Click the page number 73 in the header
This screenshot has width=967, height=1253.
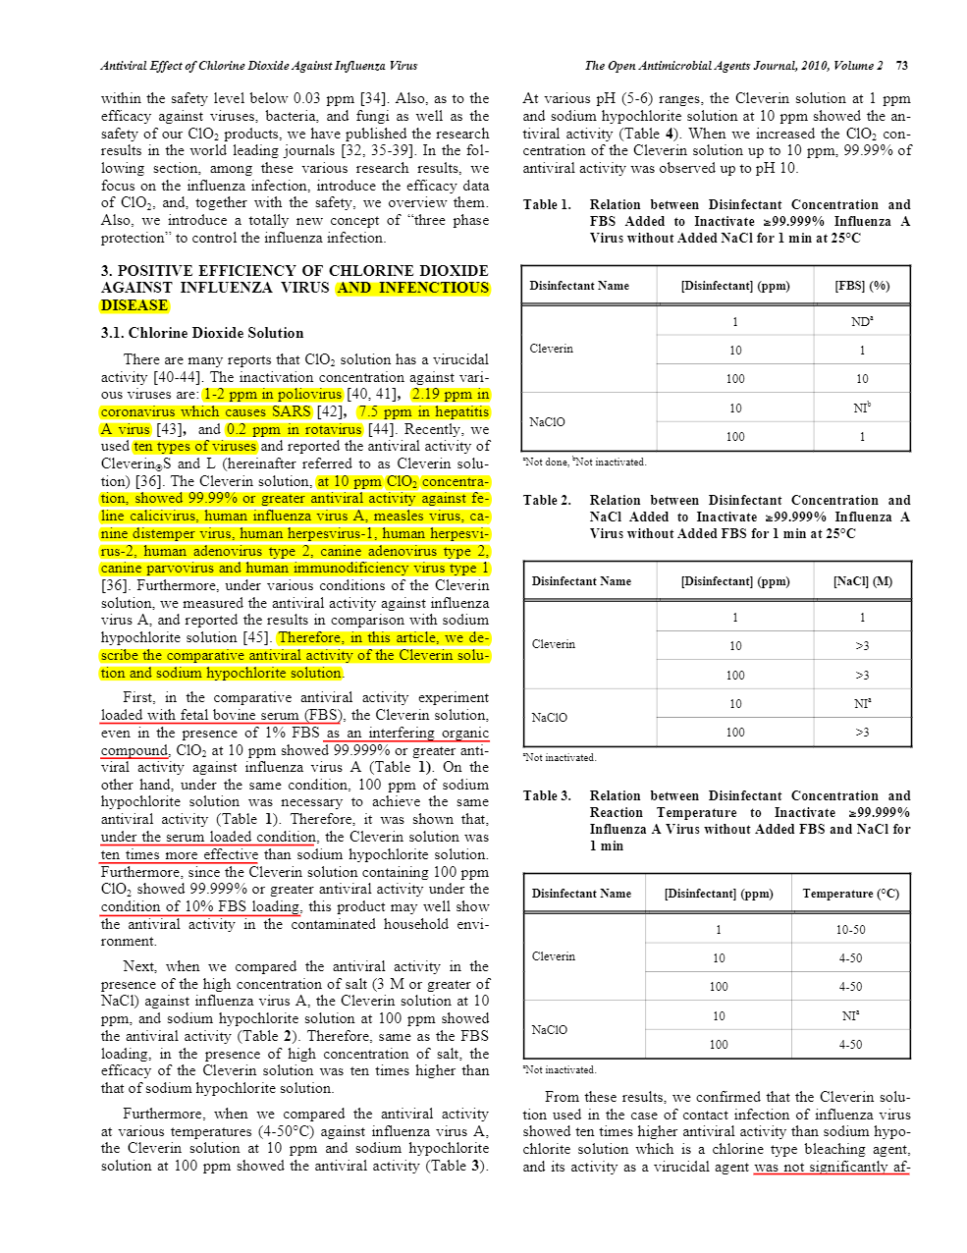(901, 66)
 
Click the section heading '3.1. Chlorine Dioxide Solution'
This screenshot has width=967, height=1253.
(202, 333)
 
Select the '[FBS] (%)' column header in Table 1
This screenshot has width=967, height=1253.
(862, 286)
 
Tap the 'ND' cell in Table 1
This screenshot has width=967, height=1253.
(862, 321)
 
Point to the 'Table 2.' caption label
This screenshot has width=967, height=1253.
(547, 501)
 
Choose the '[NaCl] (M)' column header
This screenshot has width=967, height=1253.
(862, 581)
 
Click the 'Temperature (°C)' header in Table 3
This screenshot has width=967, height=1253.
(850, 894)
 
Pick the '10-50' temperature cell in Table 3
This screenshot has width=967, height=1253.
(850, 930)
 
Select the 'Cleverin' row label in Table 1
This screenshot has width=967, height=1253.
(552, 349)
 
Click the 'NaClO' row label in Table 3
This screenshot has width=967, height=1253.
(550, 1030)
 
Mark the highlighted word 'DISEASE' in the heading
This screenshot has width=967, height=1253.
(134, 305)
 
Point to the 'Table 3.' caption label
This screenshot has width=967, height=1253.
(547, 796)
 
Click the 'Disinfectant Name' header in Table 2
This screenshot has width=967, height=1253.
(581, 581)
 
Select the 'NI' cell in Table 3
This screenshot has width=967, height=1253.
(850, 1016)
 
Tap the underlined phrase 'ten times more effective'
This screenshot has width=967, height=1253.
(180, 854)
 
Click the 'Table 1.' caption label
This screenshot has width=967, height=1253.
(547, 205)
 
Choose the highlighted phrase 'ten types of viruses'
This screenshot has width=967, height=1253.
(194, 447)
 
